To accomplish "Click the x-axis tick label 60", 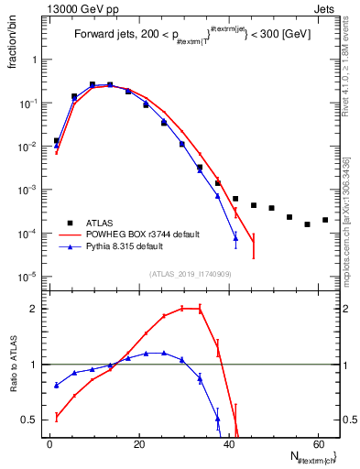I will click(x=316, y=442).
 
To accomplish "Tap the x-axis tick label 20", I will click(x=138, y=442).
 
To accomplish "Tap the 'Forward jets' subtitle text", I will click(x=102, y=36).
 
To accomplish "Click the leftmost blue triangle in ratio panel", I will click(x=57, y=385).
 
